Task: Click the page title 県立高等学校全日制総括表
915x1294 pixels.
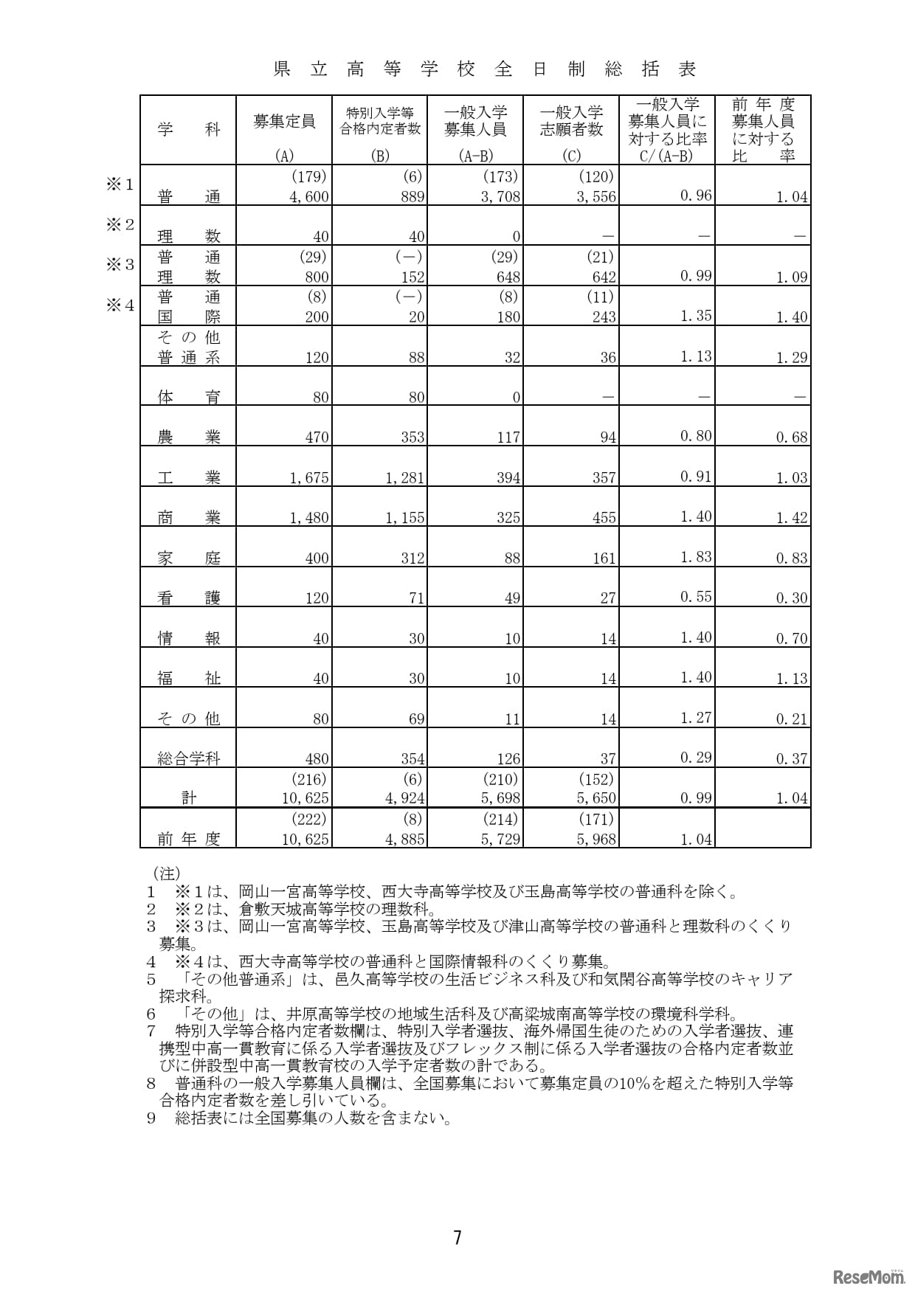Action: (485, 70)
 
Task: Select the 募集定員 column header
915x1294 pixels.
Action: (284, 122)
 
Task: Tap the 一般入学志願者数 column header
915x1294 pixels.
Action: (571, 121)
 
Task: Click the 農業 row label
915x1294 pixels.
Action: (189, 437)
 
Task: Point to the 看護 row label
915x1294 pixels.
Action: (189, 598)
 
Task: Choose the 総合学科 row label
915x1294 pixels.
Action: (189, 758)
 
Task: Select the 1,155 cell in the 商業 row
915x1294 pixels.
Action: (405, 518)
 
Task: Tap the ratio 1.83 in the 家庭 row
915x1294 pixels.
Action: (695, 557)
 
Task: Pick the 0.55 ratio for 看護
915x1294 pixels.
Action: (695, 597)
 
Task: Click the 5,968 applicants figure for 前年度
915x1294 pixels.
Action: (596, 839)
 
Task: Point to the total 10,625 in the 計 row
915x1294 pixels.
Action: (305, 798)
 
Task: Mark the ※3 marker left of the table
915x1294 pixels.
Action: (120, 265)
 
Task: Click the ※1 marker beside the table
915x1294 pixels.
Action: (120, 184)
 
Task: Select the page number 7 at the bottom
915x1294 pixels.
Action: (457, 1237)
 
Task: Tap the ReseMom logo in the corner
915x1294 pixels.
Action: (869, 1276)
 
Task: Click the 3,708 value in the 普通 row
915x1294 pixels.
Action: (501, 197)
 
